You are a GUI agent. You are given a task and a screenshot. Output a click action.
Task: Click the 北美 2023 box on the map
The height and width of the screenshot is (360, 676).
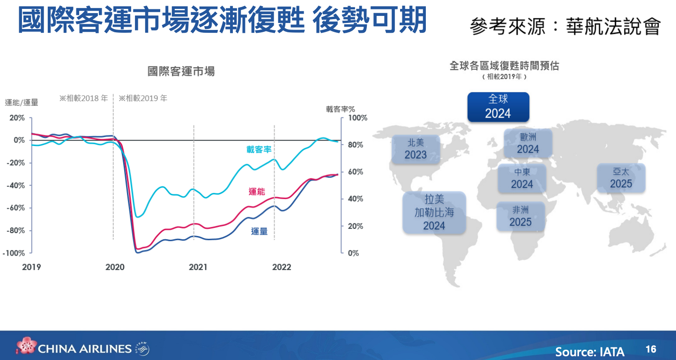pos(416,149)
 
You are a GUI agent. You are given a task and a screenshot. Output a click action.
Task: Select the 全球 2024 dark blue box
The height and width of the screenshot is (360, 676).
pos(498,107)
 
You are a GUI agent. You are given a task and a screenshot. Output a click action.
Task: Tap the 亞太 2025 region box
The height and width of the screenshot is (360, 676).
pos(621,178)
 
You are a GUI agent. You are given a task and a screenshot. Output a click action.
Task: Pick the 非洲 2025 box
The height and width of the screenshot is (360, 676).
pos(520,216)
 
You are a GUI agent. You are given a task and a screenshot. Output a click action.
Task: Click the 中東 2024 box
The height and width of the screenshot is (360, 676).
pos(522,178)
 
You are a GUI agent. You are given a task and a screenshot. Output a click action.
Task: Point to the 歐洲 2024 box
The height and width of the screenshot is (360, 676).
pos(528,143)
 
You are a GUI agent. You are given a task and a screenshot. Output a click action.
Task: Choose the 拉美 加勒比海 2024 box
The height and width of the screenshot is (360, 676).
pos(434,212)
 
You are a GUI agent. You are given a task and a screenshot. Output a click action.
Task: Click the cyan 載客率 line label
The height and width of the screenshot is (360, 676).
pos(259,150)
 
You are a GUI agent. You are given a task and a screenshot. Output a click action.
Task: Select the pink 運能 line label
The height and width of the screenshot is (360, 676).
pos(257,191)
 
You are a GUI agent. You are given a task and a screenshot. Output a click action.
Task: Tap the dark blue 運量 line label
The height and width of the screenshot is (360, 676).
pos(259,231)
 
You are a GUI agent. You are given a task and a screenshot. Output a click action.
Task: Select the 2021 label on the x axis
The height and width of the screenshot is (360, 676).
pos(198,267)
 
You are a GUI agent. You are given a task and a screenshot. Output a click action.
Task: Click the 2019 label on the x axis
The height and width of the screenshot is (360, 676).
pos(31,267)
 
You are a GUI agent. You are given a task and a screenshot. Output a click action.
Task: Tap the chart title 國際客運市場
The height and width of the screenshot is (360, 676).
pos(181,72)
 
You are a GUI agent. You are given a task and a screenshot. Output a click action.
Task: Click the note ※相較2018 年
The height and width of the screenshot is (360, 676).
pos(83,98)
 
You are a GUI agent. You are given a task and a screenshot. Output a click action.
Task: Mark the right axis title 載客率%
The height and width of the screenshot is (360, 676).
pos(340,109)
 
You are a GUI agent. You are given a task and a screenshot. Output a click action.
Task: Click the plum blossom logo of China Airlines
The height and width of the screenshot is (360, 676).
pos(26,345)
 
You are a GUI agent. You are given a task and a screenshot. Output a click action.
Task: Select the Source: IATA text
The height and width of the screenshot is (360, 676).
pos(590,352)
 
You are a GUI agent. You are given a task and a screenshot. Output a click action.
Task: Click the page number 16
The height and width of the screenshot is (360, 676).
pos(651,349)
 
